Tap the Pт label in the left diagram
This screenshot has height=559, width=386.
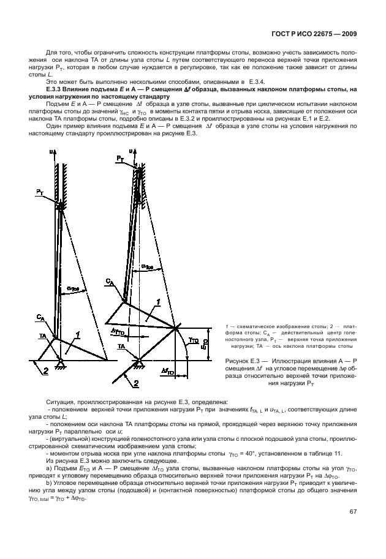pyautogui.click(x=40, y=192)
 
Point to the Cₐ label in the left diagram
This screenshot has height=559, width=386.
pyautogui.click(x=40, y=317)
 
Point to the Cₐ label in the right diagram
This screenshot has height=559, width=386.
pyautogui.click(x=109, y=281)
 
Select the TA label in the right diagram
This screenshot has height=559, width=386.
pyautogui.click(x=123, y=346)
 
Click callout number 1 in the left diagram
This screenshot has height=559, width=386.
pyautogui.click(x=78, y=334)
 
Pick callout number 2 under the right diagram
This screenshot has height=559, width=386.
pyautogui.click(x=135, y=383)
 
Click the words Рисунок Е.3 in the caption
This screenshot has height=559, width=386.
pyautogui.click(x=241, y=361)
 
